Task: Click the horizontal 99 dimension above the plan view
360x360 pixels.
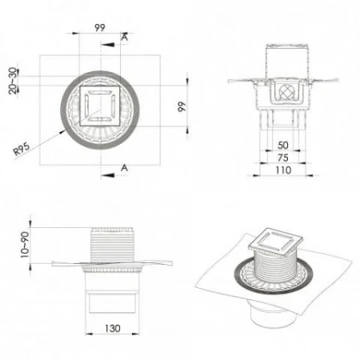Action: pos(100,27)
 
